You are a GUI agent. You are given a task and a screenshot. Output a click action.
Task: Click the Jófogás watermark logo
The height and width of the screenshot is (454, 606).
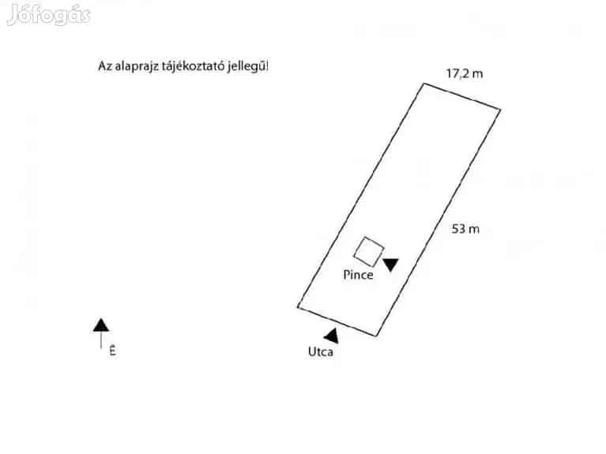[48, 15]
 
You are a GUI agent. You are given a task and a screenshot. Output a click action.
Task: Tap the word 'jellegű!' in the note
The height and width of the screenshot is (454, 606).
[247, 67]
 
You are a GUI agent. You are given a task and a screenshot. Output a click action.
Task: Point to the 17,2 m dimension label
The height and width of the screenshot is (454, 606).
[465, 74]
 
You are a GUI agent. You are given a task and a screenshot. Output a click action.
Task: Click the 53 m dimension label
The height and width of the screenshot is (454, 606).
[465, 230]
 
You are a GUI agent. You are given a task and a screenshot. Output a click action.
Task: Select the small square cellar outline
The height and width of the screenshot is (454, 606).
[368, 251]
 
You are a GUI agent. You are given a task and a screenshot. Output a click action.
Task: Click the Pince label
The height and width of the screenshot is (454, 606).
[358, 276]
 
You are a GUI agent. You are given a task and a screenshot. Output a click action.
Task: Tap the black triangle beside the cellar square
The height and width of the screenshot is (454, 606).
[391, 265]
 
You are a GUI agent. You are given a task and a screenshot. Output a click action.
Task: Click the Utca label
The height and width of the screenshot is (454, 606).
[320, 352]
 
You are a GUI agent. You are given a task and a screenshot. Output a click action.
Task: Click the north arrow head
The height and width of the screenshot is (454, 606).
[101, 325]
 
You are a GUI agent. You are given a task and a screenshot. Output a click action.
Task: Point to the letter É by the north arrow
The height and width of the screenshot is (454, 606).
[112, 352]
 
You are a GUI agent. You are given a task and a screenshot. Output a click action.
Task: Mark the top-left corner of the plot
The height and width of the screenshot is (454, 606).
[422, 83]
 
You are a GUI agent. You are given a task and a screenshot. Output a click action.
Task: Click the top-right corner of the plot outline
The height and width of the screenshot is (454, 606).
[500, 109]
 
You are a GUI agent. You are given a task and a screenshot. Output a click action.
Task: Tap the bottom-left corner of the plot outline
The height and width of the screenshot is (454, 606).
[298, 306]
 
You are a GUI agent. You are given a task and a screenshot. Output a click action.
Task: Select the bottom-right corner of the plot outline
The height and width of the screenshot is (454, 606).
[376, 336]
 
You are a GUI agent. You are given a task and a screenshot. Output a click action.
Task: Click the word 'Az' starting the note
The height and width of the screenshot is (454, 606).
[104, 67]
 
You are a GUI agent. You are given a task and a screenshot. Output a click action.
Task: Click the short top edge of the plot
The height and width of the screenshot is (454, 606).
[461, 96]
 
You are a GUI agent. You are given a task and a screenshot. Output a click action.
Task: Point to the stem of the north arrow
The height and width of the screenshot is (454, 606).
[101, 340]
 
